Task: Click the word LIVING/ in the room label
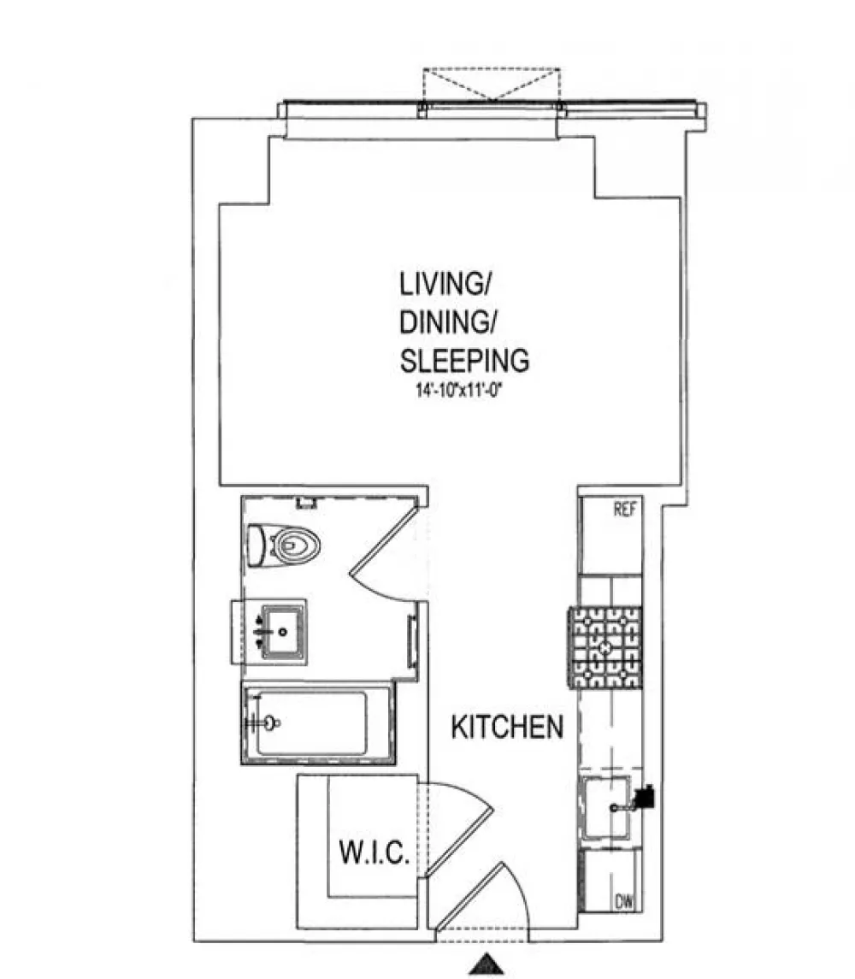444,284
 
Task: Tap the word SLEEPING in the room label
464,361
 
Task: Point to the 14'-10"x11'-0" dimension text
459,391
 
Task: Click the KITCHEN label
507,728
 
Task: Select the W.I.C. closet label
374,852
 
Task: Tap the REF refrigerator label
624,510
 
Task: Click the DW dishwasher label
624,902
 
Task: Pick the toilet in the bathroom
284,546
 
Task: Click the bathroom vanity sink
282,632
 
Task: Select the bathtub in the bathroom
318,723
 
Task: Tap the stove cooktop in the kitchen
605,647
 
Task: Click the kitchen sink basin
606,807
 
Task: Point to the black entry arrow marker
486,964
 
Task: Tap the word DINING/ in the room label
447,322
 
